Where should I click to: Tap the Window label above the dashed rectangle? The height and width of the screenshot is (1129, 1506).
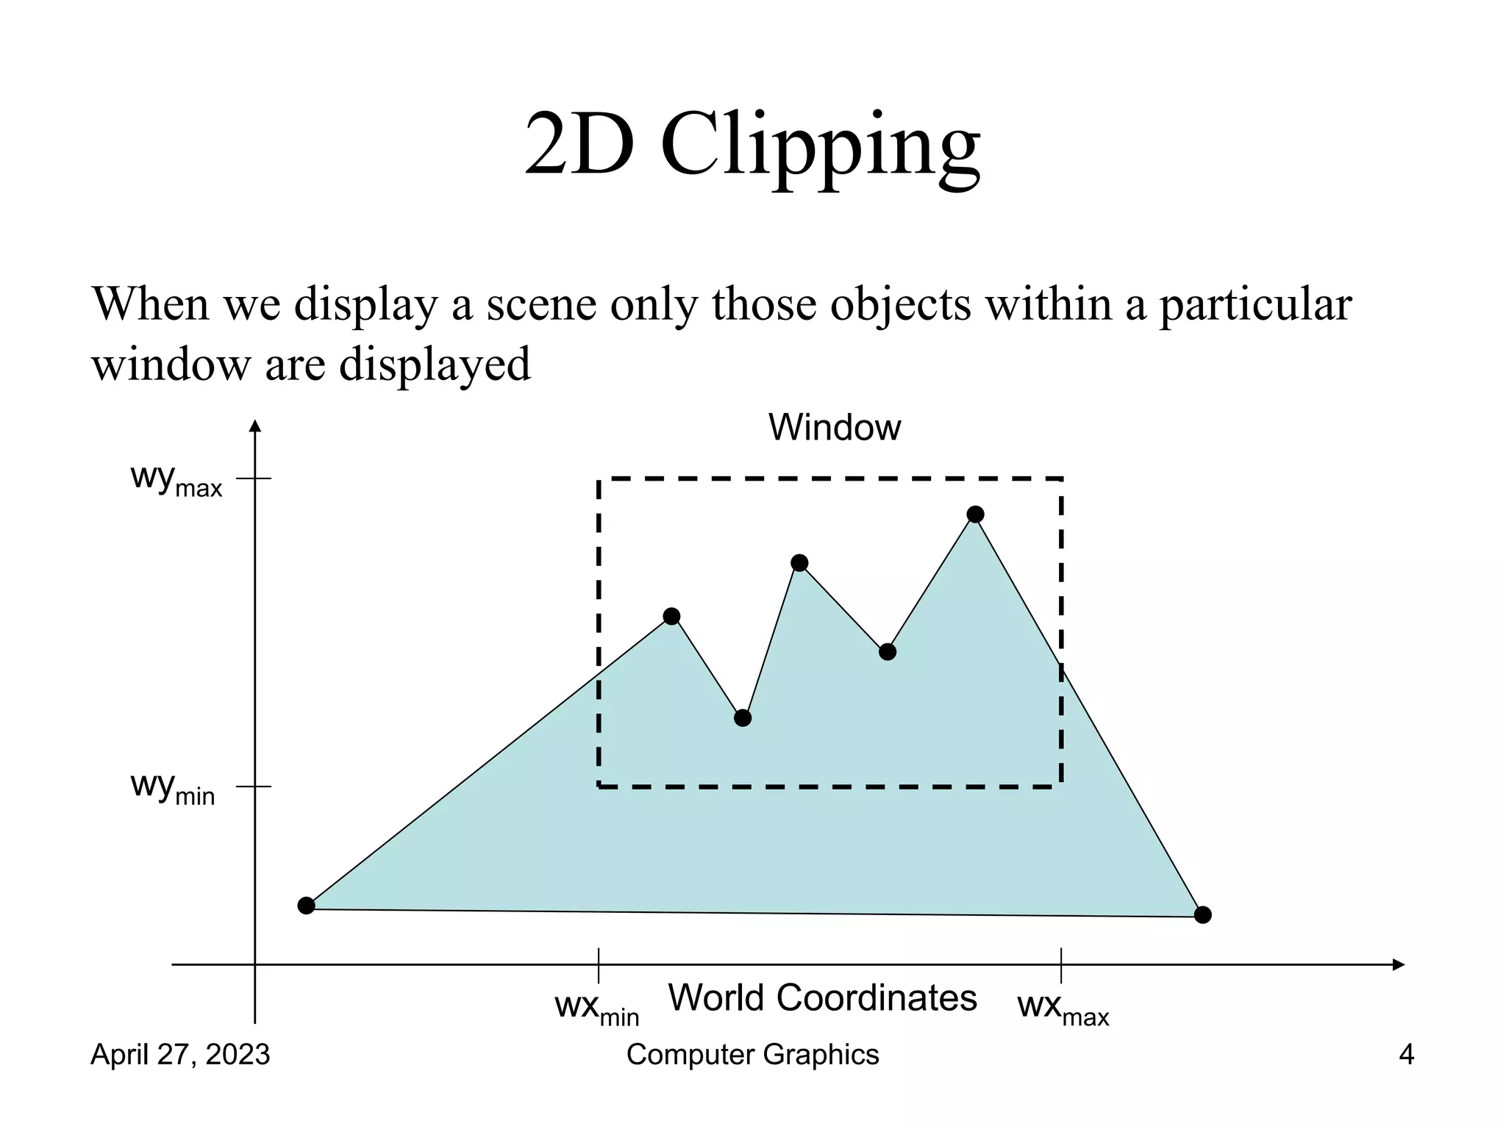click(834, 427)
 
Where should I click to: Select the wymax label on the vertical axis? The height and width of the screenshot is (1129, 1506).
click(176, 479)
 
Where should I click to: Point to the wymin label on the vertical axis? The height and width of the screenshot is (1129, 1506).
click(173, 787)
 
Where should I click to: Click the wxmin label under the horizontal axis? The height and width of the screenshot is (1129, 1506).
click(596, 1008)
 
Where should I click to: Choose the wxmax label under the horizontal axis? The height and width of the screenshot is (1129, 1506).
click(1063, 1008)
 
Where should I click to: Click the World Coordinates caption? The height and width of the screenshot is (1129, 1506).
click(822, 998)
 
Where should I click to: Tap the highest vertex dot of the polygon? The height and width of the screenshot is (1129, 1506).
click(975, 515)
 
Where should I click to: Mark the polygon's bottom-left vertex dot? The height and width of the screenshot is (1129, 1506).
click(307, 906)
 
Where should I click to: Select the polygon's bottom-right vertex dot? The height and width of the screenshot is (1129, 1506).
click(1202, 915)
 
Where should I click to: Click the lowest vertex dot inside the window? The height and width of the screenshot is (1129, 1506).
click(743, 718)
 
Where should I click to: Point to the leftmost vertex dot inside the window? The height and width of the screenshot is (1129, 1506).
click(671, 617)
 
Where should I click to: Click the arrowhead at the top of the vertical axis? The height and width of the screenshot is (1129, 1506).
click(255, 426)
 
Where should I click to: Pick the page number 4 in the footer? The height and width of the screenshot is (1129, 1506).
click(1406, 1055)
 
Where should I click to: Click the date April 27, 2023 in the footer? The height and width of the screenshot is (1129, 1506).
click(180, 1055)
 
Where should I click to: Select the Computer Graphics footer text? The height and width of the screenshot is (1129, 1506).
click(752, 1055)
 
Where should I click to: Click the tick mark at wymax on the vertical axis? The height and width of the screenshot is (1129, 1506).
click(255, 479)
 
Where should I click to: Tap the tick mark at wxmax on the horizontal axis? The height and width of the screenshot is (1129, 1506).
click(1061, 964)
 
